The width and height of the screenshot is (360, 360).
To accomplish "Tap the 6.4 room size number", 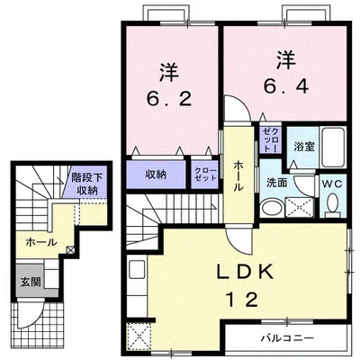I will click(x=285, y=87).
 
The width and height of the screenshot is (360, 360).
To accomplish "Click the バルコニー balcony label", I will click(x=286, y=339).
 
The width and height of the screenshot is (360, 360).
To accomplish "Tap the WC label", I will click(x=331, y=182).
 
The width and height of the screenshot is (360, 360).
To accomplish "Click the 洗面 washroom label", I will click(x=276, y=182).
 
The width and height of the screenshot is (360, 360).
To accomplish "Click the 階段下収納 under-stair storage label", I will click(x=86, y=184).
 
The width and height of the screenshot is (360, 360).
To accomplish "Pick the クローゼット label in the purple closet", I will click(x=202, y=173).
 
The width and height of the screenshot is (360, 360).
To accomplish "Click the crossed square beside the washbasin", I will click(x=297, y=206).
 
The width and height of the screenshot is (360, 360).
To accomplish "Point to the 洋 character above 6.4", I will click(x=285, y=61).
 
